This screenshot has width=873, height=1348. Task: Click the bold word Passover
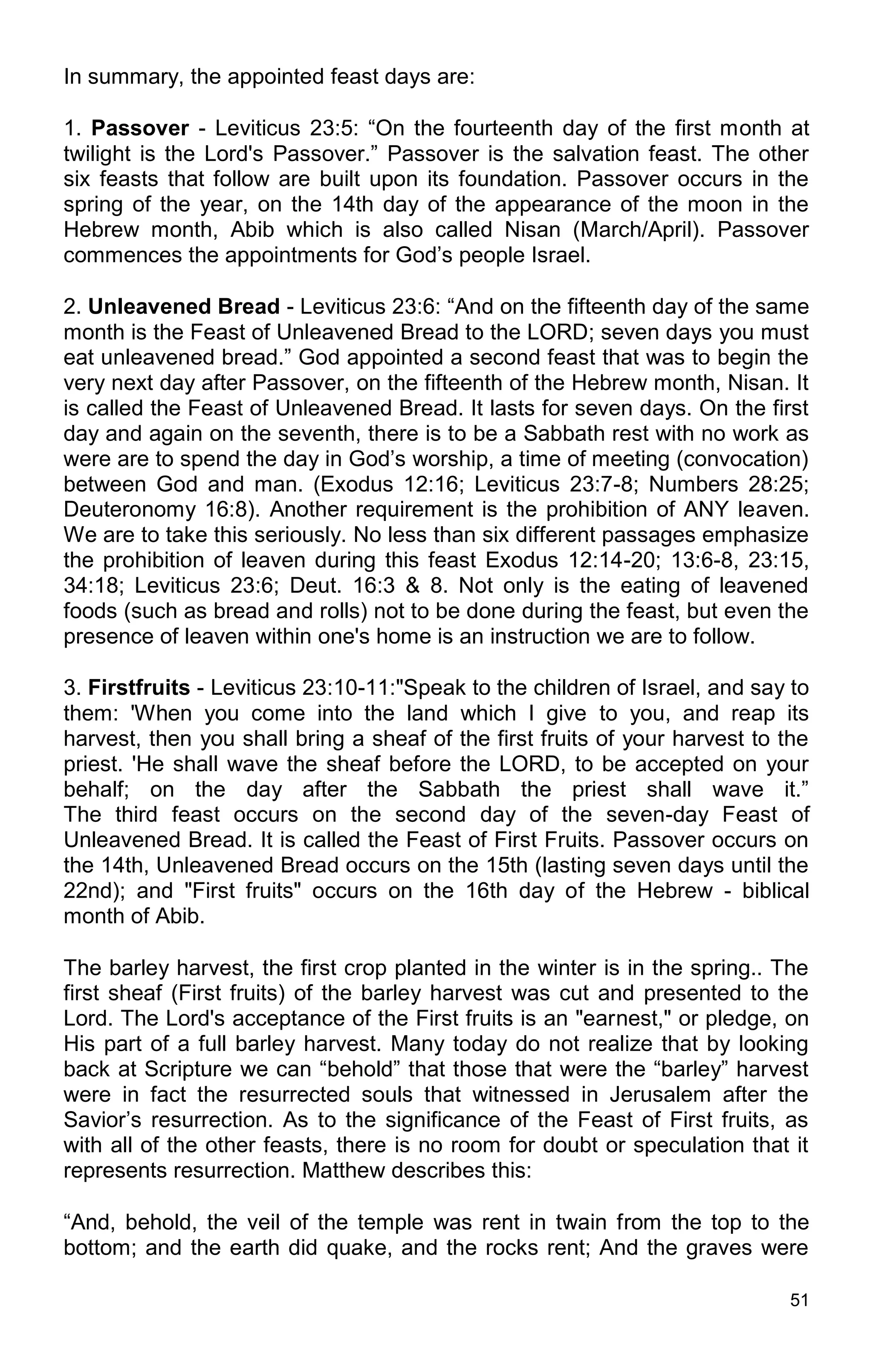(x=140, y=129)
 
